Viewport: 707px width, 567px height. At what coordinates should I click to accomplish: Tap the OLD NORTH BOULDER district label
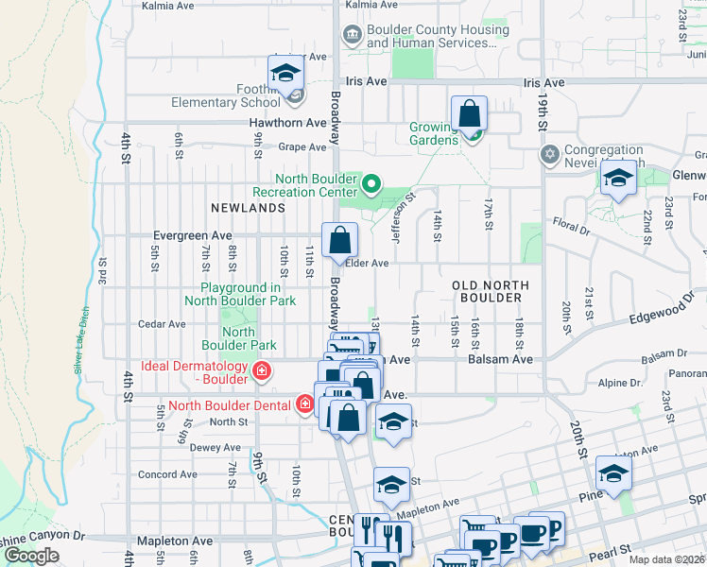pyautogui.click(x=487, y=290)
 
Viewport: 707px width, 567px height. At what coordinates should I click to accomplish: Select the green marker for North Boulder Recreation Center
pyautogui.click(x=371, y=183)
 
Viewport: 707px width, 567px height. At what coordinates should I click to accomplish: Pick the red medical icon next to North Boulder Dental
pyautogui.click(x=304, y=405)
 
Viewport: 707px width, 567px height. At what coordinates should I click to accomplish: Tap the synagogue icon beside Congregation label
pyautogui.click(x=549, y=153)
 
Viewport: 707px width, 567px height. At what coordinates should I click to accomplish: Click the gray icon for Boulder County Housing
pyautogui.click(x=352, y=36)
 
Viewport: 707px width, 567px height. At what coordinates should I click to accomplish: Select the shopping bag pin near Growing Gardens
pyautogui.click(x=469, y=115)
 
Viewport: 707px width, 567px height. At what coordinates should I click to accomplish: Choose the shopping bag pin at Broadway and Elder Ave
pyautogui.click(x=339, y=242)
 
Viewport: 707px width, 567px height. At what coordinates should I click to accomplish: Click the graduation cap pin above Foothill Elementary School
pyautogui.click(x=285, y=74)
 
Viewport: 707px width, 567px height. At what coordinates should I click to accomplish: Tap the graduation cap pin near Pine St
pyautogui.click(x=612, y=475)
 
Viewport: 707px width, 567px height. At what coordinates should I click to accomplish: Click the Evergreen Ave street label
pyautogui.click(x=193, y=235)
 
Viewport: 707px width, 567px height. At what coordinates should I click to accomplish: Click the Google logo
pyautogui.click(x=31, y=556)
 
